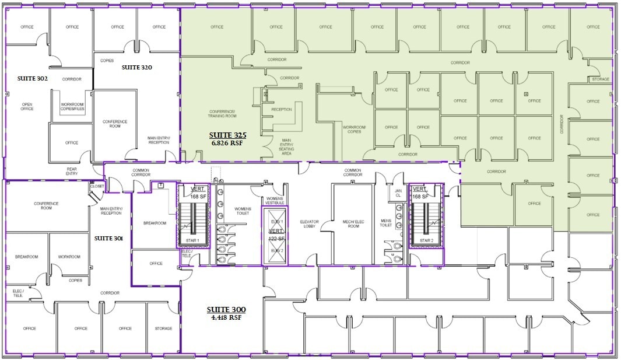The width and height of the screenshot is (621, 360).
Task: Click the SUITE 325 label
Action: click(226, 135)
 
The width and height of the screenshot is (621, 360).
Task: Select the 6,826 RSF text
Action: click(226, 142)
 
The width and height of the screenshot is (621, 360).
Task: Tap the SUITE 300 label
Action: click(226, 310)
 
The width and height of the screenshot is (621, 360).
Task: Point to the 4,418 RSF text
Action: click(226, 317)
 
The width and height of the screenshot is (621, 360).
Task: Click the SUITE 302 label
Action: click(32, 78)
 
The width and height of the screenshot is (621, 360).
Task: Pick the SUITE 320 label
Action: click(136, 68)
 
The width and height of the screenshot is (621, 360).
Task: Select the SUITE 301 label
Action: click(109, 238)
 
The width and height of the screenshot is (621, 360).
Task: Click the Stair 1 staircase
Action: click(192, 225)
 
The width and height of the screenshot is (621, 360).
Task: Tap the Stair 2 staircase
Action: click(426, 225)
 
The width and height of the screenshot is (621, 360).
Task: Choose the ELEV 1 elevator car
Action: click(276, 222)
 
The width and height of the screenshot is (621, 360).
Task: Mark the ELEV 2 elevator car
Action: click(276, 251)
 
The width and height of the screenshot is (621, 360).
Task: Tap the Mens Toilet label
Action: click(386, 223)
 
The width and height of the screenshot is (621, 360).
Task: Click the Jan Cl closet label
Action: click(398, 193)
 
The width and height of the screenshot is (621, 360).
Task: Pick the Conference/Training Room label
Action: click(222, 114)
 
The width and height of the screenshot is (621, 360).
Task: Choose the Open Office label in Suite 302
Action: click(27, 107)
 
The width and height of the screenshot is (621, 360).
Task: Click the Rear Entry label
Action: click(71, 172)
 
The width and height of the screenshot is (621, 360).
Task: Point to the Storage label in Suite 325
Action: click(600, 79)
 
